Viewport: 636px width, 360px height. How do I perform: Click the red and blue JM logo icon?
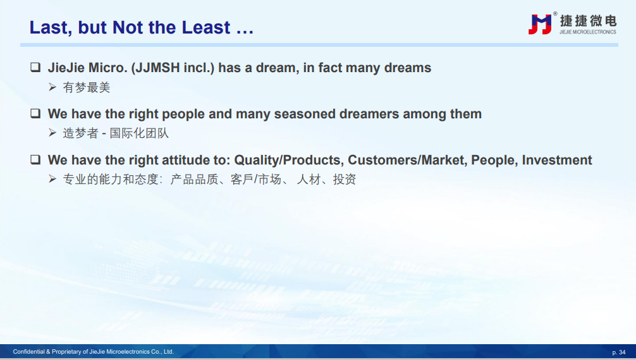(540, 24)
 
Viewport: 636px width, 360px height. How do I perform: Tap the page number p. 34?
(618, 352)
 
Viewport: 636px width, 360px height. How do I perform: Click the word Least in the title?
(206, 27)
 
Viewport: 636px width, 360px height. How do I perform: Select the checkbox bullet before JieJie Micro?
(35, 67)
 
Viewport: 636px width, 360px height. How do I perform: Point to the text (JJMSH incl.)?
(173, 67)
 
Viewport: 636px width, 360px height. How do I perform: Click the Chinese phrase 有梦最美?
(87, 87)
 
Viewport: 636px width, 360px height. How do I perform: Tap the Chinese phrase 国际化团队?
(139, 133)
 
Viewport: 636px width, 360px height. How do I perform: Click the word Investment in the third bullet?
(557, 160)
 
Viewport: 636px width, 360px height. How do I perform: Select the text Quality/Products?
(289, 160)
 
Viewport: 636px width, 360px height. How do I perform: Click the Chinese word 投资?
(345, 180)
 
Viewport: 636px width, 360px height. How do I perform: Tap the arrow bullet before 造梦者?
(52, 133)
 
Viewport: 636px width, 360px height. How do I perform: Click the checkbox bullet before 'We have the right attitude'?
(35, 159)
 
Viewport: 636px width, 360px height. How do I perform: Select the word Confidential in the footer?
(29, 352)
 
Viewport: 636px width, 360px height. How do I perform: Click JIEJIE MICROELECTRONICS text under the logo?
(588, 32)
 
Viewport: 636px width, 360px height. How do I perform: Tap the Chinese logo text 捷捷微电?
(588, 21)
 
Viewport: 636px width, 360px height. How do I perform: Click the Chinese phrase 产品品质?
(195, 180)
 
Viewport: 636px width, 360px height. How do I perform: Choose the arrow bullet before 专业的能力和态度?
(52, 178)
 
